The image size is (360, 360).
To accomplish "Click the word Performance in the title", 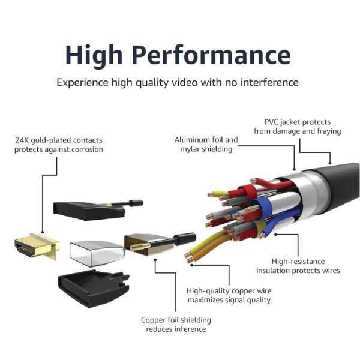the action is (x=211, y=55).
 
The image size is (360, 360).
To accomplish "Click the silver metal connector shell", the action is (x=97, y=253).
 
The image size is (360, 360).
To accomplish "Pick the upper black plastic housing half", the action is (x=98, y=210).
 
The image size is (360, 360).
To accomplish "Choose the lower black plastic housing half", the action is (x=94, y=289).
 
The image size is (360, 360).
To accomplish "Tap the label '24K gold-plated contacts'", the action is (x=59, y=140).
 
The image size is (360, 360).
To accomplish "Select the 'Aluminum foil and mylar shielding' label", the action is (x=206, y=145).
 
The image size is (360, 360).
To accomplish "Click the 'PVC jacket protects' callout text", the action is (x=298, y=122).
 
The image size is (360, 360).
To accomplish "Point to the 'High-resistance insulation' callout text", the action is (x=298, y=266).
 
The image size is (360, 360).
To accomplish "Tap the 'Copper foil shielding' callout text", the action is (x=176, y=320).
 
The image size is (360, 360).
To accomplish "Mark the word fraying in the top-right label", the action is (x=329, y=131).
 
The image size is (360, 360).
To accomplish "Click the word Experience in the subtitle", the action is (x=82, y=83).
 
